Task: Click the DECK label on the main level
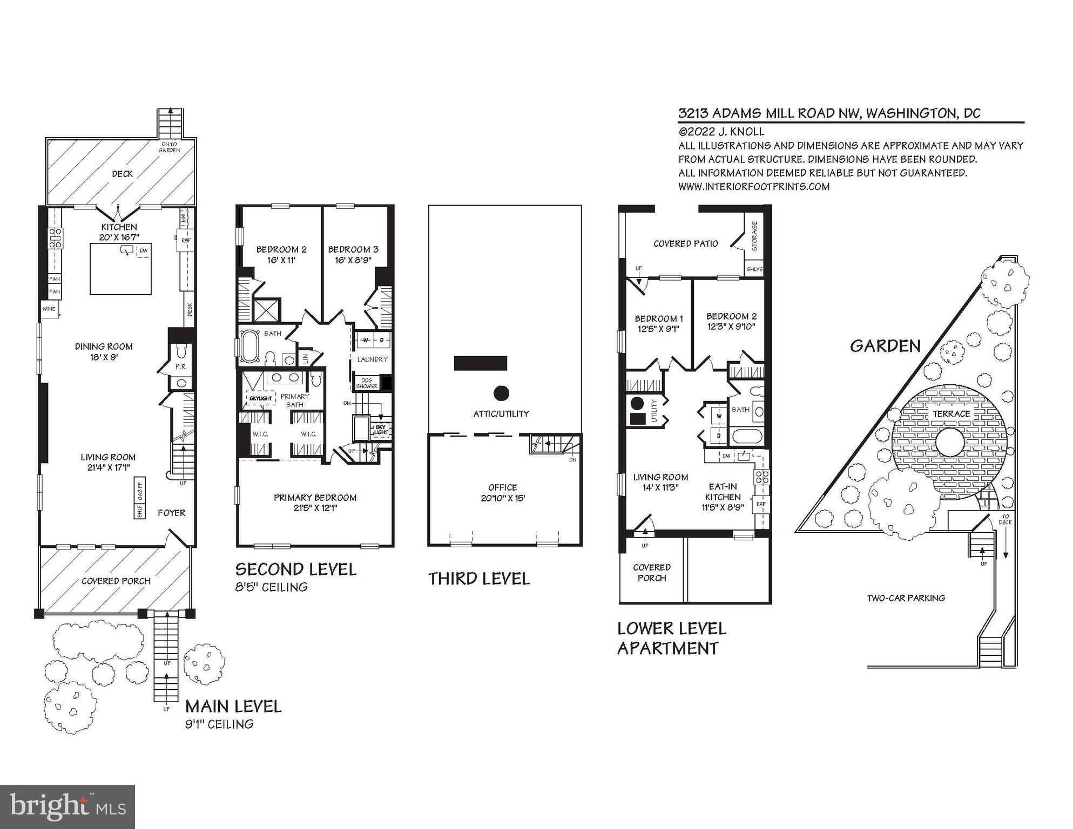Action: [x=122, y=174]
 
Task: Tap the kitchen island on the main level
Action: [x=120, y=269]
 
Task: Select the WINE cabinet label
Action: [x=49, y=309]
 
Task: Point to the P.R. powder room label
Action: [x=180, y=366]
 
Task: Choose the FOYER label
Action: [x=171, y=513]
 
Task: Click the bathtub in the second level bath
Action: [x=250, y=346]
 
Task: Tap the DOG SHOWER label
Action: [x=367, y=383]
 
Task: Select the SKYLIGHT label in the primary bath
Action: [x=260, y=398]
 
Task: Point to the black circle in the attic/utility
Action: [x=501, y=393]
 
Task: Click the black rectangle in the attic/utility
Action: [x=480, y=363]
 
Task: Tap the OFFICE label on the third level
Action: [x=502, y=487]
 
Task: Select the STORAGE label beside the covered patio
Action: [x=754, y=236]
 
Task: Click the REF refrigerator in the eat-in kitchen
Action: [x=761, y=504]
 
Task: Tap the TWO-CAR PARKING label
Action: [x=906, y=598]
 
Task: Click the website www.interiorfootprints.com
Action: [x=753, y=187]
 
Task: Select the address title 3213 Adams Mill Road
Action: [x=829, y=113]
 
